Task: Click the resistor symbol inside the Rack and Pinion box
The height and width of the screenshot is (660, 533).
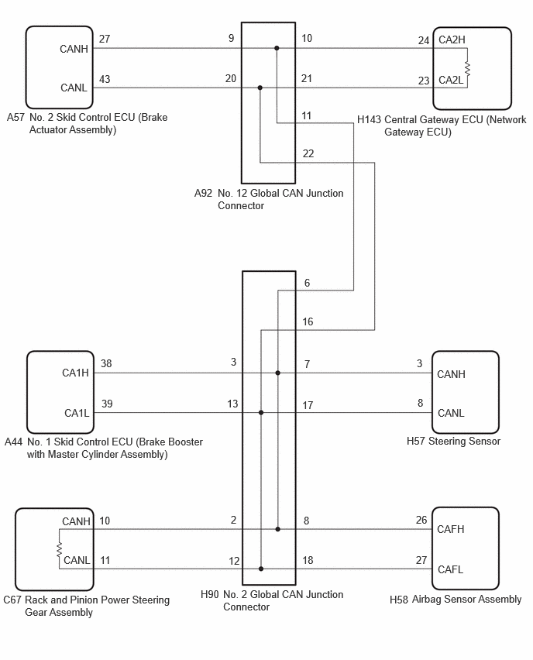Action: point(59,549)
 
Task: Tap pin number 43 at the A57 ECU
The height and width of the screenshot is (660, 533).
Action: point(105,79)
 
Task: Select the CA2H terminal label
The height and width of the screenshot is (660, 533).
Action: point(452,40)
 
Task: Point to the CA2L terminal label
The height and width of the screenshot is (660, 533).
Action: point(450,80)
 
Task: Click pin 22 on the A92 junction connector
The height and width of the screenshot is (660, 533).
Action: point(308,153)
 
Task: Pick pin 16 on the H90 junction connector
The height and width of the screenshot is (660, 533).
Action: point(308,322)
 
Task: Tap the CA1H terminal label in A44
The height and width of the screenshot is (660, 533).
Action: point(75,373)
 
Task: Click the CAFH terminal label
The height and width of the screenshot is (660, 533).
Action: point(450,529)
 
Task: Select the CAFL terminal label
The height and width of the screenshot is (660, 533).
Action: point(450,569)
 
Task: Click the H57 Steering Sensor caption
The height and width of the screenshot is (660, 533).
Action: point(453,441)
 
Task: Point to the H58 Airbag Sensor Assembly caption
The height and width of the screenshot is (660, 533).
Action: point(456,600)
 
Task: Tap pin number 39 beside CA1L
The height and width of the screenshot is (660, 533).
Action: point(107,404)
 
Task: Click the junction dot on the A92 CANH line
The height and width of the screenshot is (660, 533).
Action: point(277,48)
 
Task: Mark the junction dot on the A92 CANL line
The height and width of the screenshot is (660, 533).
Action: point(260,88)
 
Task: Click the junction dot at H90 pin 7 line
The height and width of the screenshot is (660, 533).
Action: point(278,373)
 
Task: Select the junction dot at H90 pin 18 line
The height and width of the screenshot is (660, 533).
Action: point(261,569)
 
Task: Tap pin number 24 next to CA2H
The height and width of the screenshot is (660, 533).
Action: point(424,40)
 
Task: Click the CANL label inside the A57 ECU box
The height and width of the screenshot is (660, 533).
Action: point(74,88)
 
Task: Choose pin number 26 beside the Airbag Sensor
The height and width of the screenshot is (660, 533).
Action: point(421,521)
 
